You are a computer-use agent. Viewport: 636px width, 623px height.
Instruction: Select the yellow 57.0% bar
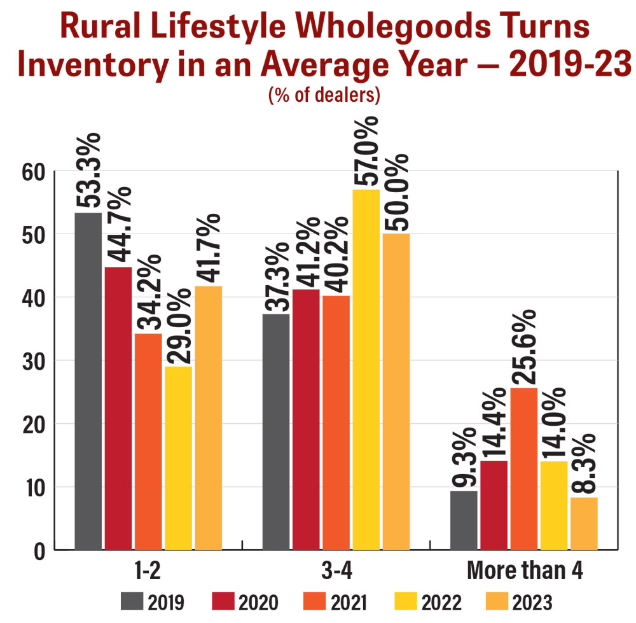[366, 369]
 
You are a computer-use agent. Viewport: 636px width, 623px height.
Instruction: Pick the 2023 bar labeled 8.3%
[584, 523]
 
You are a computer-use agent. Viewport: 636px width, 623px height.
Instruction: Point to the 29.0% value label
[178, 326]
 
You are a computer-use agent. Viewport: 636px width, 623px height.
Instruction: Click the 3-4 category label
[335, 571]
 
